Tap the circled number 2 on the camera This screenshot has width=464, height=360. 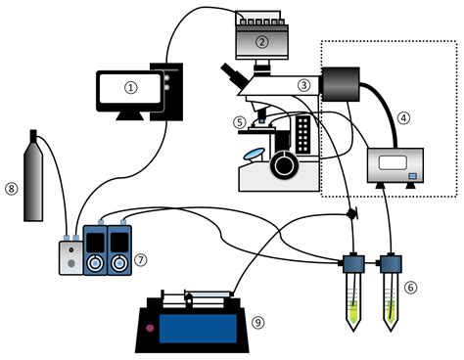pos(262,41)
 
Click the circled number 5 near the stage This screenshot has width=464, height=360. pos(239,122)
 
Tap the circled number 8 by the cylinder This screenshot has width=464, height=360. pos(12,189)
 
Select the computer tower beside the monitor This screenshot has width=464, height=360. pos(172,92)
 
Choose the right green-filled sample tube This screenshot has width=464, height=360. pos(391,297)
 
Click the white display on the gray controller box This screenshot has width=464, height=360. pos(392,162)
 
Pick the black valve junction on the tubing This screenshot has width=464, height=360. pos(351,213)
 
